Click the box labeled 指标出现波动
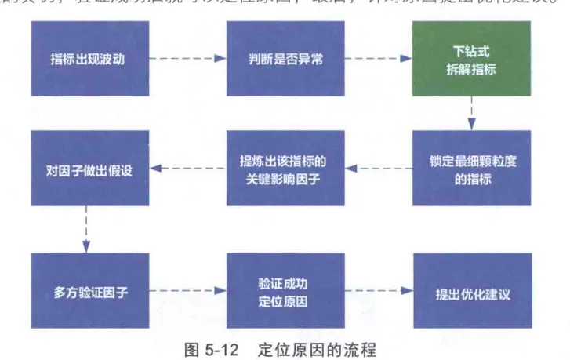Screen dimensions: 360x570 (x=90, y=59)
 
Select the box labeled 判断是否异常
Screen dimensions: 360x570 (x=285, y=59)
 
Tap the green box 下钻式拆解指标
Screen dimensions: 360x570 (x=471, y=59)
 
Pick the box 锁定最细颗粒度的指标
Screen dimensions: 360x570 (x=471, y=168)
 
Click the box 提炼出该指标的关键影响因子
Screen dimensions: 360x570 (x=285, y=168)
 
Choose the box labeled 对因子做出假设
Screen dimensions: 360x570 (x=90, y=168)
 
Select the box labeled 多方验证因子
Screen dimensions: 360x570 (x=90, y=291)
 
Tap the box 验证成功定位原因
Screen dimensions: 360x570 (x=285, y=291)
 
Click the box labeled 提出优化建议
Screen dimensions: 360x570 (x=471, y=291)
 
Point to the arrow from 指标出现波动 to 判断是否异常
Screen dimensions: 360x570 (x=187, y=59)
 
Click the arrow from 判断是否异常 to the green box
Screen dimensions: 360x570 (x=379, y=59)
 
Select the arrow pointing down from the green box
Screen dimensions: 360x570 (x=471, y=113)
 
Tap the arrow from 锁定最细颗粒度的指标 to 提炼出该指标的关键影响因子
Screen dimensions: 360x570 (x=379, y=168)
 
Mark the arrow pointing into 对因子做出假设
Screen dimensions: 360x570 (x=187, y=168)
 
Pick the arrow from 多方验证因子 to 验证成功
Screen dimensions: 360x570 (x=187, y=291)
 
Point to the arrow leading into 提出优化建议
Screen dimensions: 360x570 (x=379, y=291)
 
